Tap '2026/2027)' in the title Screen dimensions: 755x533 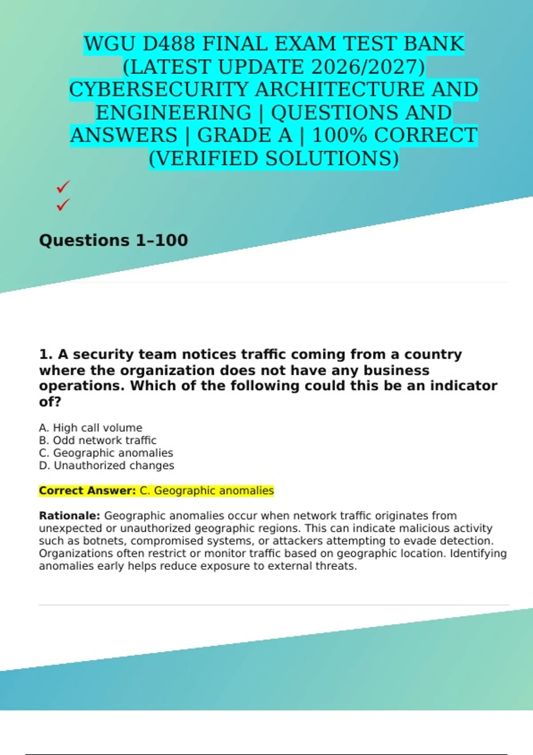(368, 67)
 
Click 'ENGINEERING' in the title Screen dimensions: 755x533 (174, 113)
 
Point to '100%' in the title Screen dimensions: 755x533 (340, 135)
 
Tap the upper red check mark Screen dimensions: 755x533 (63, 187)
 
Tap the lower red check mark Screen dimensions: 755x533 (63, 205)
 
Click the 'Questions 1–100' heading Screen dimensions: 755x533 (113, 240)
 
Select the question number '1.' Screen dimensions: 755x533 (46, 354)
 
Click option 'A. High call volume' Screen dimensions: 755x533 (91, 428)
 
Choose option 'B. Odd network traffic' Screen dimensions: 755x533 (98, 440)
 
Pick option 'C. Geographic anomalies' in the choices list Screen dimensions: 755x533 (106, 453)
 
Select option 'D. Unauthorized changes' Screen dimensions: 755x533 (107, 465)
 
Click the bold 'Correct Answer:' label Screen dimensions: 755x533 (87, 491)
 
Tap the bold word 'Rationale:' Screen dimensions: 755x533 (69, 516)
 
